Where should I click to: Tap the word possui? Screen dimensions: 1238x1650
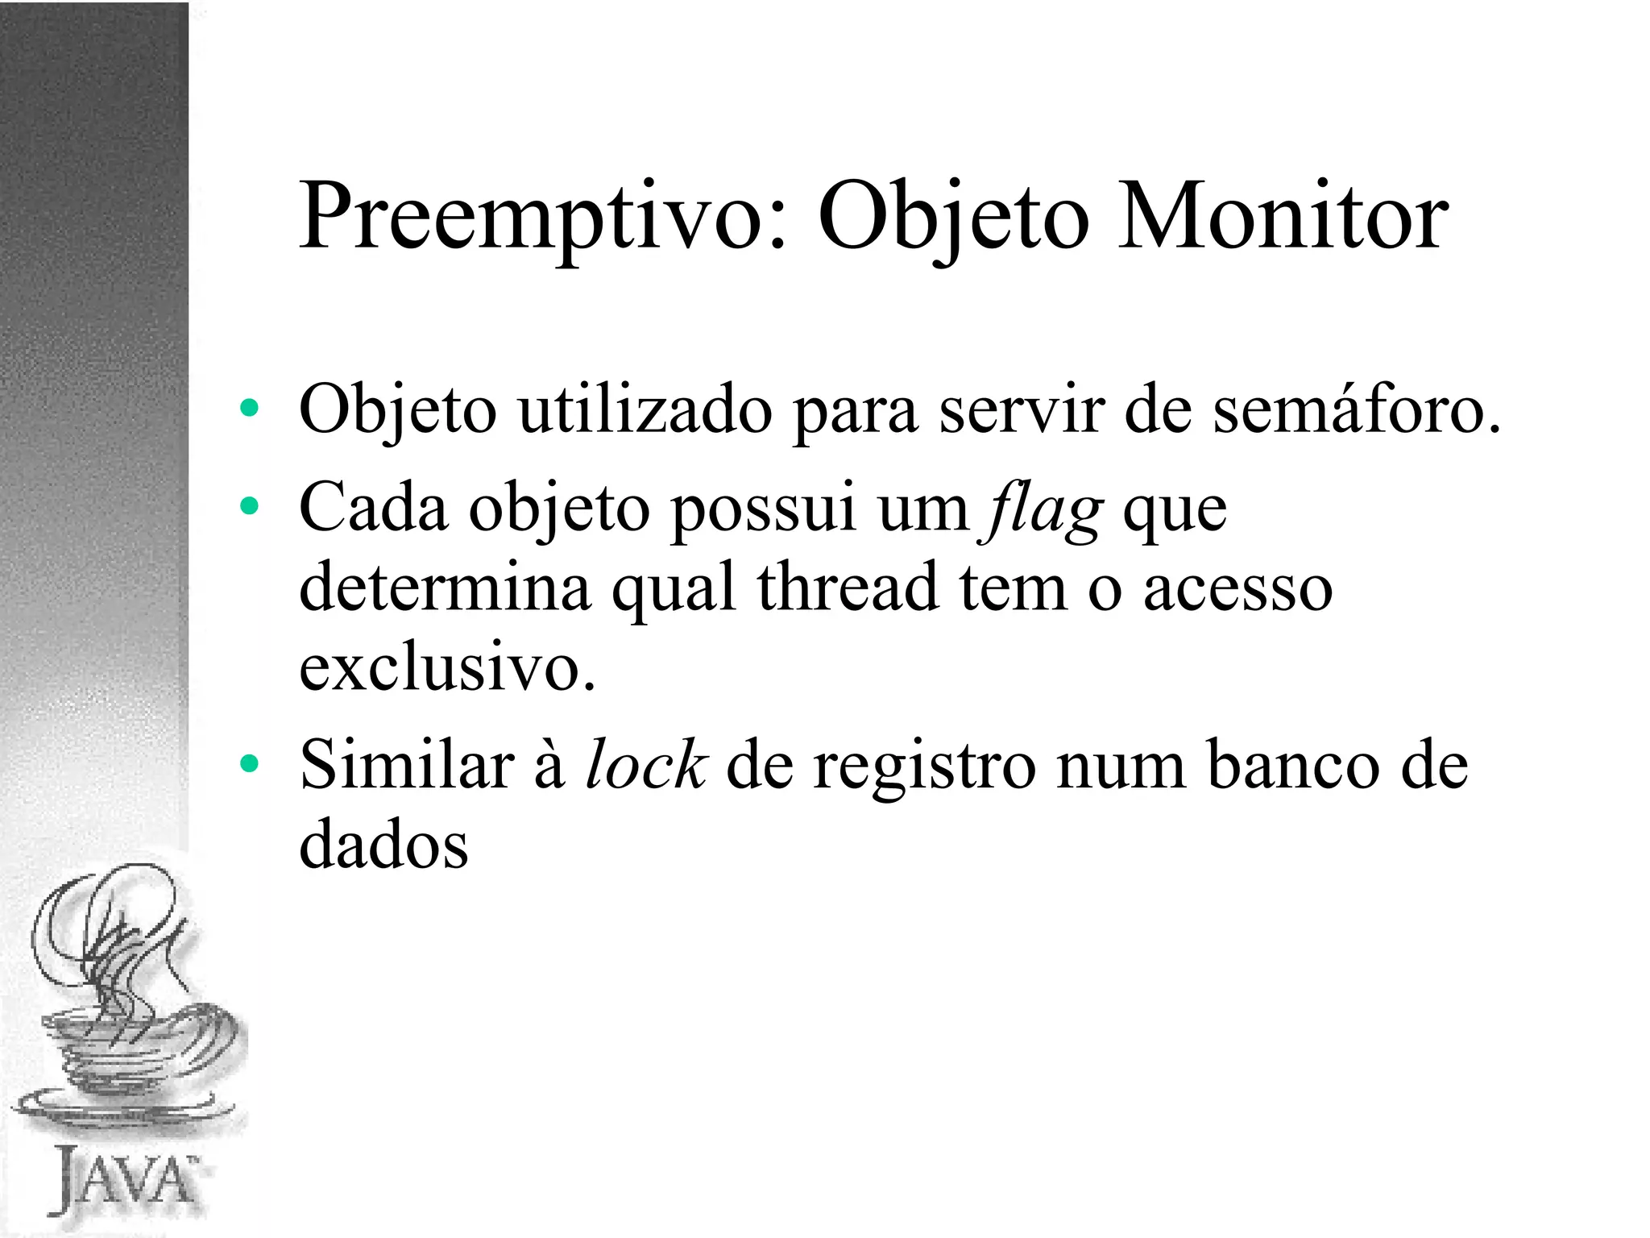coord(763,510)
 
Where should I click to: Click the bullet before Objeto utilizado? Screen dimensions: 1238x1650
coord(249,409)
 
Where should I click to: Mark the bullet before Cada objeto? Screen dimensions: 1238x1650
coord(249,506)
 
